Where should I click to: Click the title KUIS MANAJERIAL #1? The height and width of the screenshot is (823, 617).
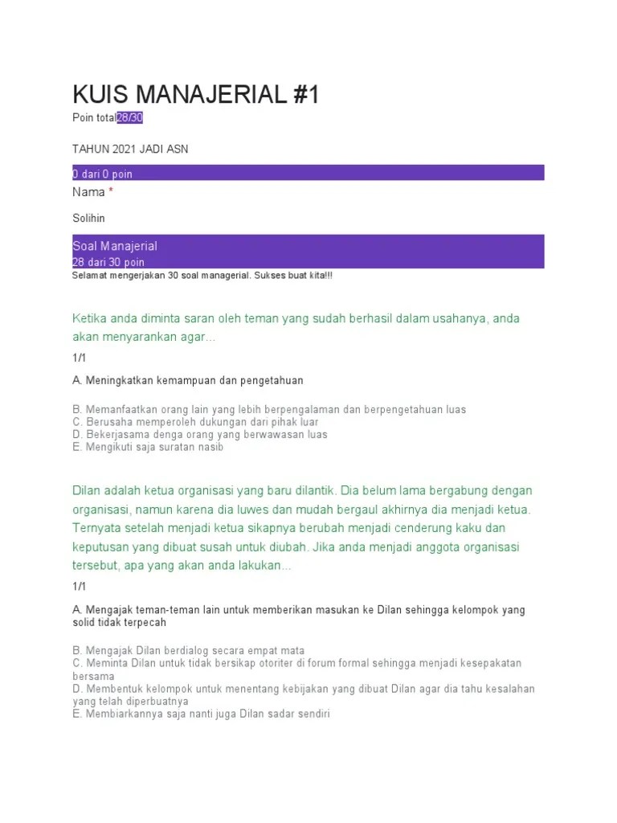(195, 95)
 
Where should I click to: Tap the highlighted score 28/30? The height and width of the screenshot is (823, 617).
(130, 118)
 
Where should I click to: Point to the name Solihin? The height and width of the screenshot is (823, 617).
(89, 218)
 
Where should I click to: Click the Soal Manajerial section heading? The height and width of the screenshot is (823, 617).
(115, 246)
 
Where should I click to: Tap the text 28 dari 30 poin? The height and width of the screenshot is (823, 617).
(108, 262)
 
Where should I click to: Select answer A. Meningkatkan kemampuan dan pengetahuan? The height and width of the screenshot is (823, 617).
(188, 380)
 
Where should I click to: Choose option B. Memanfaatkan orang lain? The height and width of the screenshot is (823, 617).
(269, 410)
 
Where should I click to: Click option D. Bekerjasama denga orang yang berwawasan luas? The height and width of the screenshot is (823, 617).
(200, 435)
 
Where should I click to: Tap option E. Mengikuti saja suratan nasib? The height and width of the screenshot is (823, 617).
(148, 447)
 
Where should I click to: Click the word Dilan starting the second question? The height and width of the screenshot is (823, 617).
(88, 490)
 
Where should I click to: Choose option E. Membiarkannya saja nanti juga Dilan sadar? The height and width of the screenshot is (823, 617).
(202, 714)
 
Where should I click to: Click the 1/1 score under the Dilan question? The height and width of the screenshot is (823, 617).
(79, 587)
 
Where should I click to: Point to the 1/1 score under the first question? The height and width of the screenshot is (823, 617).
(79, 358)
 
